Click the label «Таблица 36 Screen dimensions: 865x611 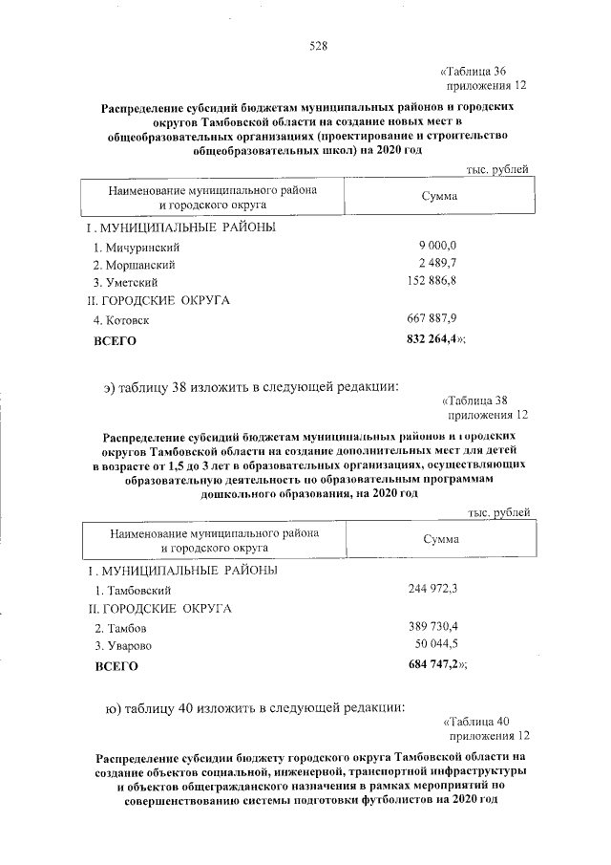click(x=478, y=72)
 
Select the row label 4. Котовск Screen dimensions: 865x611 click(x=121, y=320)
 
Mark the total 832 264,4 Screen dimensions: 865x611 click(x=434, y=338)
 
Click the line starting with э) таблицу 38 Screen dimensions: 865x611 click(x=252, y=387)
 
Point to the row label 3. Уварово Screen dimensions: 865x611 click(x=122, y=647)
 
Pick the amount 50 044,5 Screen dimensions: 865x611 click(x=438, y=646)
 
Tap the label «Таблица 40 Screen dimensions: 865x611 click(x=482, y=722)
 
